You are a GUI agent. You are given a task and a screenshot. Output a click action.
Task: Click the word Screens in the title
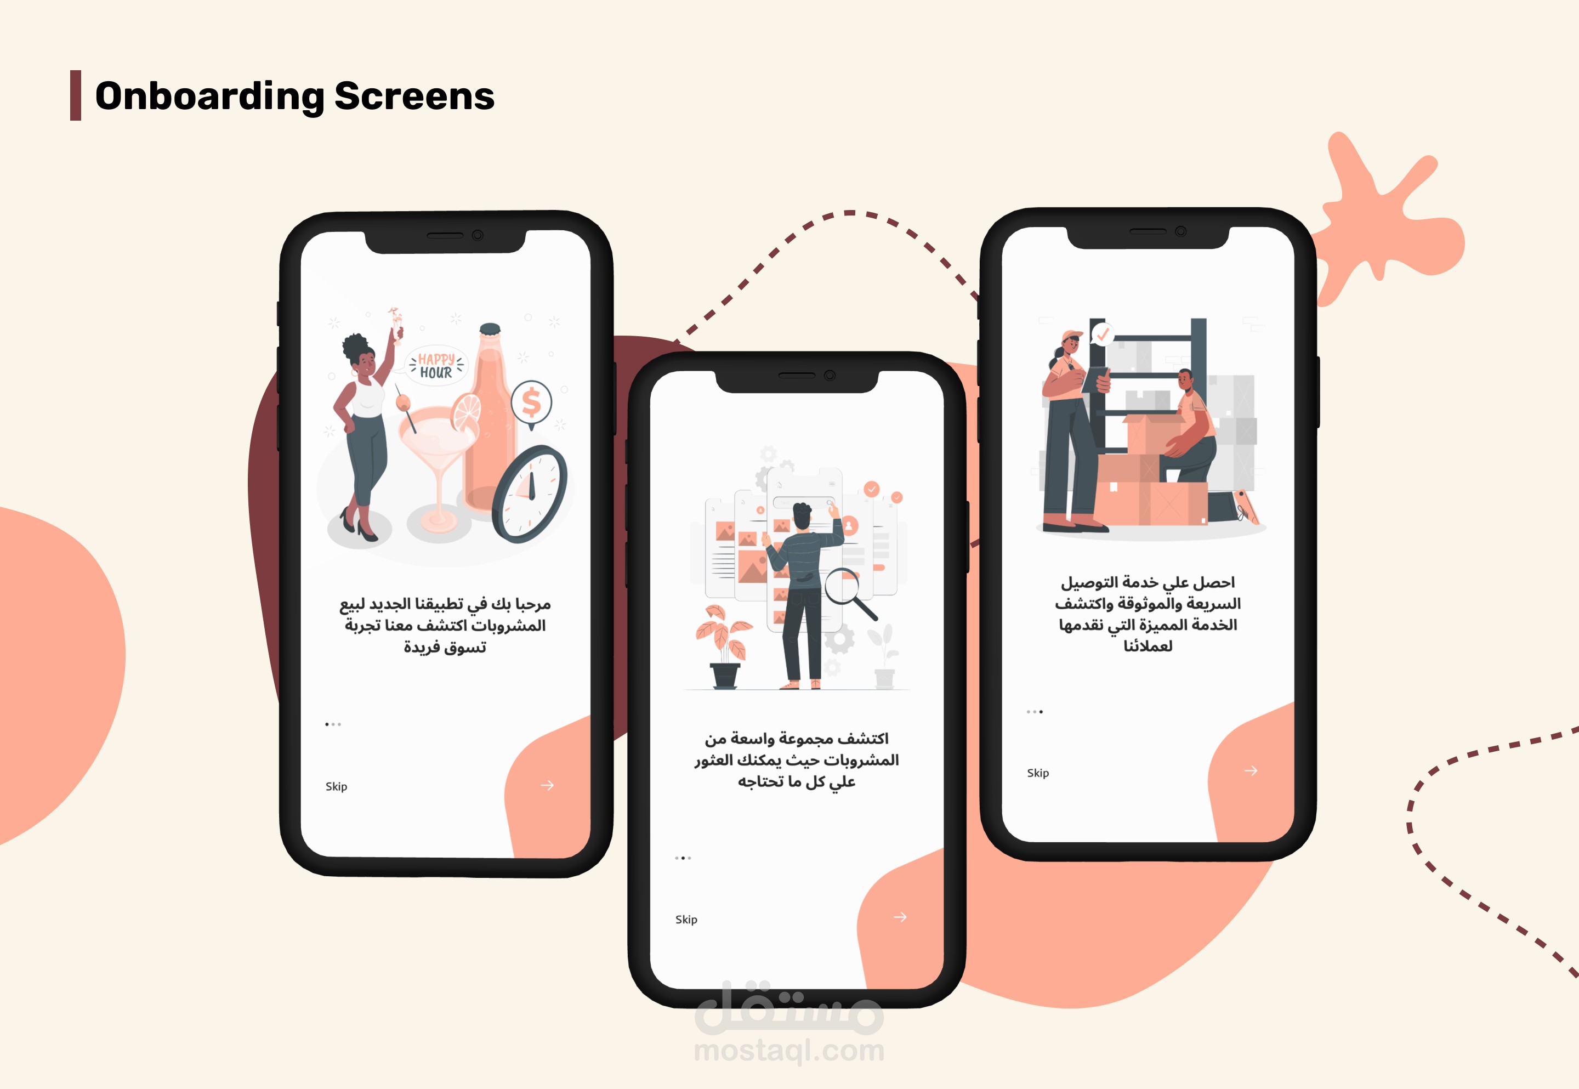(x=414, y=95)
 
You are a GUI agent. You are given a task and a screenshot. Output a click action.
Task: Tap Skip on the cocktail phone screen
(x=336, y=786)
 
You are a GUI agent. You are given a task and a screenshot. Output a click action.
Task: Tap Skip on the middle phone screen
(x=686, y=919)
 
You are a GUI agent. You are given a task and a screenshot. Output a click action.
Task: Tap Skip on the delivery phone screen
(x=1038, y=773)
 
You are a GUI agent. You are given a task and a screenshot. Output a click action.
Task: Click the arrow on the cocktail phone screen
(x=547, y=785)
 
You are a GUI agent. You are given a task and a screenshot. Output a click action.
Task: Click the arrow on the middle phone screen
(x=900, y=917)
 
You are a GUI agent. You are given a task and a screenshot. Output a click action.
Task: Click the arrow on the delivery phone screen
(x=1251, y=770)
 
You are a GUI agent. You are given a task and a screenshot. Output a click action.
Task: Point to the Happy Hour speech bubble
(x=436, y=366)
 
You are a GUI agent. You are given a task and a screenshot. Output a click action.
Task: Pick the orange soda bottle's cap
(x=490, y=330)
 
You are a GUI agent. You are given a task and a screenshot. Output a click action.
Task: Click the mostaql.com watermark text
(x=789, y=1051)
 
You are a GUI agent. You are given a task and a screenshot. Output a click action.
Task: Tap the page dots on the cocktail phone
(x=333, y=724)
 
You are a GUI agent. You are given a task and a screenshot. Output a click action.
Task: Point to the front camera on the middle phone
(x=830, y=375)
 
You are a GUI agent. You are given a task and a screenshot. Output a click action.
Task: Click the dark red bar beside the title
(x=76, y=95)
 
